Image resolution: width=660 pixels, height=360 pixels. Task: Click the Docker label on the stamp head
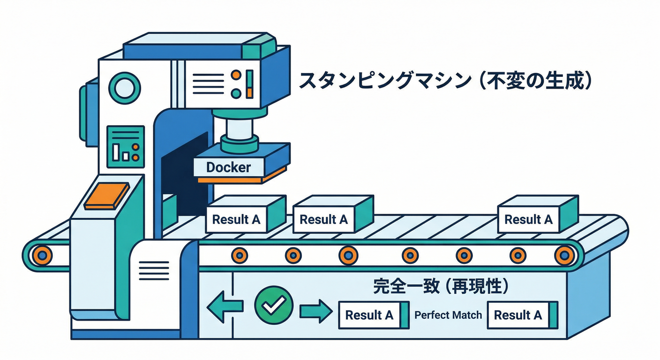pos(229,167)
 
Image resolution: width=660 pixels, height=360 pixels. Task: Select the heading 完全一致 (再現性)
pos(441,286)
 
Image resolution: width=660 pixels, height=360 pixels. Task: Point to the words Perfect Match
pos(448,315)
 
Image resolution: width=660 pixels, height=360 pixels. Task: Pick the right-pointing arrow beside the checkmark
pos(315,311)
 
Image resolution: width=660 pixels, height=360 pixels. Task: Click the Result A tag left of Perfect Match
pos(369,315)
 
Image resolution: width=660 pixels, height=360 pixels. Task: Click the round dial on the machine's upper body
pos(124,87)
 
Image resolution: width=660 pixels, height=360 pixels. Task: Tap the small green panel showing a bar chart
pos(125,146)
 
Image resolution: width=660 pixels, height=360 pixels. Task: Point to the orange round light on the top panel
pos(236,75)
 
